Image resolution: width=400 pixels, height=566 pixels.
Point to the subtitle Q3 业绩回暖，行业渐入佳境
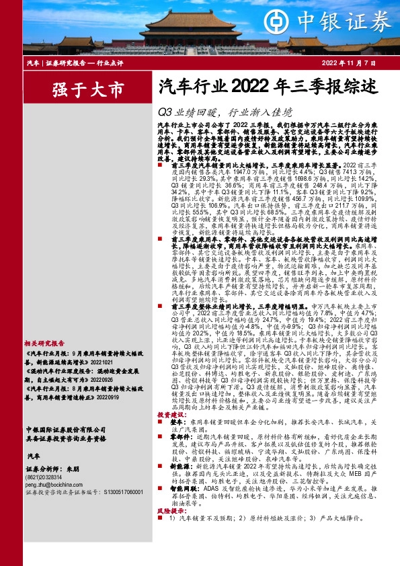coord(225,111)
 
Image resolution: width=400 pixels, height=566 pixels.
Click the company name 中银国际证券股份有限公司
coord(59,429)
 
